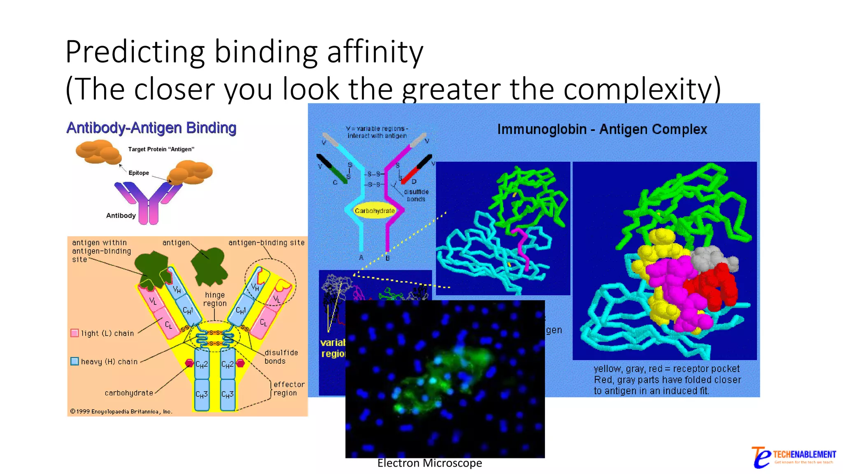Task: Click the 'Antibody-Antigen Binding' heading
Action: [x=151, y=128]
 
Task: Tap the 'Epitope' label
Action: [x=139, y=173]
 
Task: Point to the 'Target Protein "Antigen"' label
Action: [x=161, y=149]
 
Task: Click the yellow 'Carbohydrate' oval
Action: [x=375, y=211]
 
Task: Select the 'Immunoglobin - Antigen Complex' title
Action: [x=602, y=129]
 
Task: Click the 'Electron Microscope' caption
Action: [x=429, y=463]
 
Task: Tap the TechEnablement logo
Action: [x=793, y=457]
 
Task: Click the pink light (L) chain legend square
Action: [x=75, y=333]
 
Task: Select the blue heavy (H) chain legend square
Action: [x=75, y=361]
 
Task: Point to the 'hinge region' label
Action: [x=215, y=299]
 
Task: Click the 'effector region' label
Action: [x=289, y=388]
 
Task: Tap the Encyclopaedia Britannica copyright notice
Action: [x=121, y=411]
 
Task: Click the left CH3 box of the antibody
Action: [x=201, y=395]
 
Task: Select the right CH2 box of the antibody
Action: [x=228, y=364]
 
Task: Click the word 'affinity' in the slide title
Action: [x=375, y=52]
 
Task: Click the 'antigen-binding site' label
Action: [x=266, y=243]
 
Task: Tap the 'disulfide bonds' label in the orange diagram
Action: [x=281, y=357]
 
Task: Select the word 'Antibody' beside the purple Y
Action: [x=121, y=216]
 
